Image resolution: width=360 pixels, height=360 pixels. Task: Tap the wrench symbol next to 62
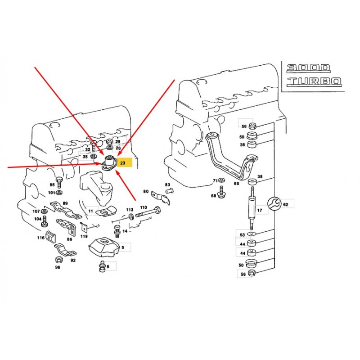coord(274,203)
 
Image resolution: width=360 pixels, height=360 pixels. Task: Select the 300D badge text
coord(308,68)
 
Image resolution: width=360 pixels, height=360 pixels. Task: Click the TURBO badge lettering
coord(315,81)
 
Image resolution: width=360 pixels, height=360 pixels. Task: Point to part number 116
coord(41,238)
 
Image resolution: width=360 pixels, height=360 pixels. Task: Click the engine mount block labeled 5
coord(104,247)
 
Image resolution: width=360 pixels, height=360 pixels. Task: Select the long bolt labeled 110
coord(148,212)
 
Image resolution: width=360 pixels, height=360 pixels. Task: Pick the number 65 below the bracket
coord(237,184)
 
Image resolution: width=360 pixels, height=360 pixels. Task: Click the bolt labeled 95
coord(59,183)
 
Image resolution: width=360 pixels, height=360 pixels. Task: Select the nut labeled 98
coord(59,260)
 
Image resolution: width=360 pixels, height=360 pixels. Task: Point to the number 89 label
coord(65,203)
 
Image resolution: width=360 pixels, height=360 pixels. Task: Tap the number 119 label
coord(84,236)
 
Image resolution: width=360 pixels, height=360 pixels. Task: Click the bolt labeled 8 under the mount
coord(103,266)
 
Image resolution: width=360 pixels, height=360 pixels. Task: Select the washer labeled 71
coord(222,180)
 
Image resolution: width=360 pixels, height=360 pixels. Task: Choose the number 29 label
coord(118,142)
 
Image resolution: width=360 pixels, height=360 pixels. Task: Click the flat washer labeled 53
coord(252,234)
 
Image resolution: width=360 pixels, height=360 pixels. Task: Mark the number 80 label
coord(146,191)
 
